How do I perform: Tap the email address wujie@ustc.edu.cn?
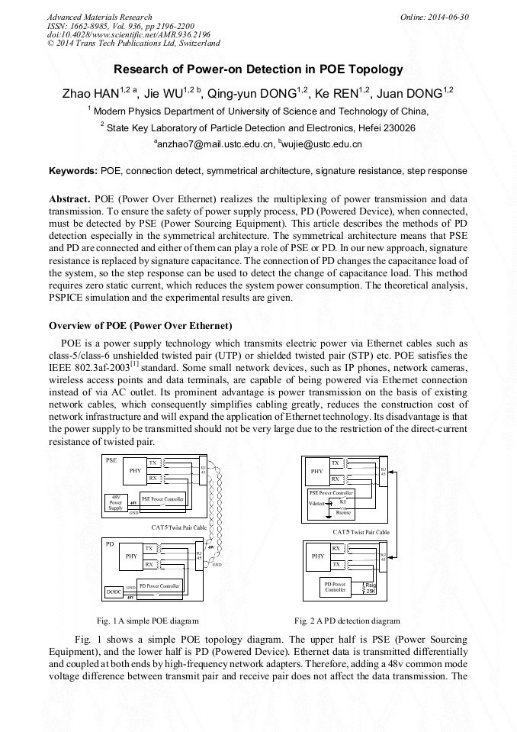click(323, 143)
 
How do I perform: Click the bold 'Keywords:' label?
click(72, 171)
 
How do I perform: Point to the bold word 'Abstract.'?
click(70, 198)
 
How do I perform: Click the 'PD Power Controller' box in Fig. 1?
click(159, 586)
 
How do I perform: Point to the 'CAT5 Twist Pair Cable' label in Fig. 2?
click(361, 532)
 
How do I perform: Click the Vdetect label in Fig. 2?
click(317, 504)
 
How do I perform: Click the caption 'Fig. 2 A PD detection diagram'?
click(347, 621)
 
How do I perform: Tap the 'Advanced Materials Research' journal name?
click(99, 17)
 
